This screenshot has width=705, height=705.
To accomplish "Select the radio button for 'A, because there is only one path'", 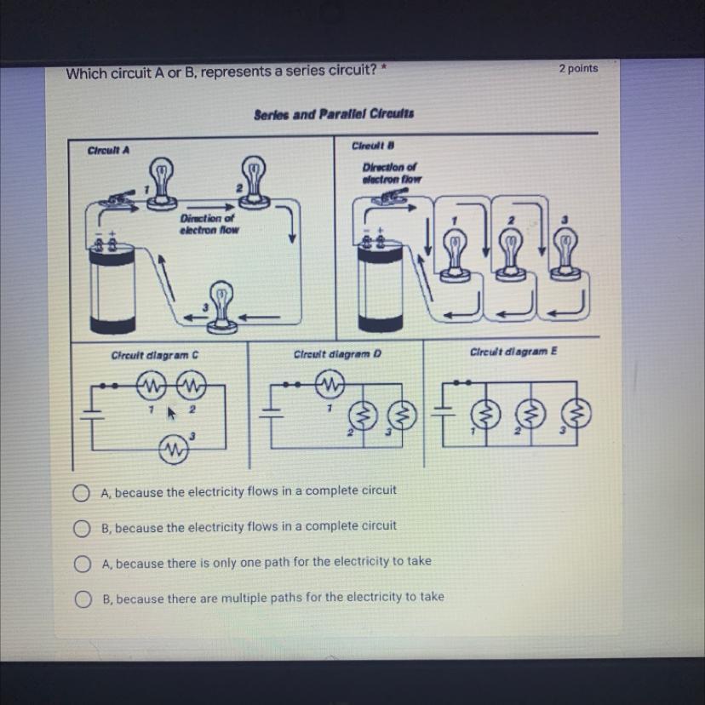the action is point(82,564).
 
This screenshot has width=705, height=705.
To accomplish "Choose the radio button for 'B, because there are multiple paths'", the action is point(83,599).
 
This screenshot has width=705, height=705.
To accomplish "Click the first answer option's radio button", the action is point(81,493).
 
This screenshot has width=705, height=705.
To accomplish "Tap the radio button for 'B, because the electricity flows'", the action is point(82,528).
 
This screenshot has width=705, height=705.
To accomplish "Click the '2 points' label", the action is point(578,68).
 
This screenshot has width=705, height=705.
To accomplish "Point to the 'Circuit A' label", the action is point(108,150).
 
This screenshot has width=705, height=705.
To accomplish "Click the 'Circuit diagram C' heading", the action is point(155,355).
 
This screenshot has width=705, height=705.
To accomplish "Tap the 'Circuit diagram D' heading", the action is point(337,354).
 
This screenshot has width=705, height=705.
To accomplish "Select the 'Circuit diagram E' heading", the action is point(513,352).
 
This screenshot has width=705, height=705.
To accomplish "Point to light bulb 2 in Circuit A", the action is point(254,182).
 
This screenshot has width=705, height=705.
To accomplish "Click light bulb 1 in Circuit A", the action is point(162,183).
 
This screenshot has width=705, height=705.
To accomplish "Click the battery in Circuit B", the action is point(380,284).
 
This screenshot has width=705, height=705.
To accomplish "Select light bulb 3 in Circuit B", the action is point(566,254).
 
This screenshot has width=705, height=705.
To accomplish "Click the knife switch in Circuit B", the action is point(390,197).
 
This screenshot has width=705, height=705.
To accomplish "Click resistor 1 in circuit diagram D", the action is point(330,384).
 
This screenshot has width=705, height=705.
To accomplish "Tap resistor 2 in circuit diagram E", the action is point(530,414).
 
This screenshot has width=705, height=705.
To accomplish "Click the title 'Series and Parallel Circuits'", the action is point(334,114).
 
